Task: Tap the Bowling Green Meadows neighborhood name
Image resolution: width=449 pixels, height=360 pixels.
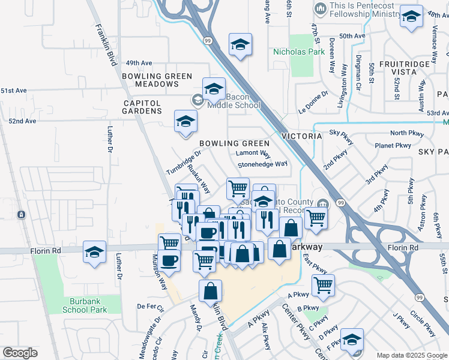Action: [157, 80]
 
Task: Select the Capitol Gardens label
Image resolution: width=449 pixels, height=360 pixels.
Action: [143, 107]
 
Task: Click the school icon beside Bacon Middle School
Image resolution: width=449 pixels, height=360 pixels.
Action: [214, 90]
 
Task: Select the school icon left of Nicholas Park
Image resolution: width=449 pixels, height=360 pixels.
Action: [240, 44]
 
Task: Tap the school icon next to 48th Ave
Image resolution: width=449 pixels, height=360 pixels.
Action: [411, 17]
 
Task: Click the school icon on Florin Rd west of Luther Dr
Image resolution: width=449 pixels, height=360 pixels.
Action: [94, 252]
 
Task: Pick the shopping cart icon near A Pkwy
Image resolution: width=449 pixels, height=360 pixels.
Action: [323, 285]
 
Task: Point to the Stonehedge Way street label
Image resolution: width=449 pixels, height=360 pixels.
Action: [262, 164]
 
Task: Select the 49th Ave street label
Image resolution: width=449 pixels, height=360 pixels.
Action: [139, 62]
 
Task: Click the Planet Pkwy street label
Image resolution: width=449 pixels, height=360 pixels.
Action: [392, 145]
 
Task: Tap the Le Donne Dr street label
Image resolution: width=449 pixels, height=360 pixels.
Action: [313, 103]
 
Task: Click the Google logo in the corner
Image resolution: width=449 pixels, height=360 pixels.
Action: [20, 353]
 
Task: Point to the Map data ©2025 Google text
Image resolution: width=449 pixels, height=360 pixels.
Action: [411, 355]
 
